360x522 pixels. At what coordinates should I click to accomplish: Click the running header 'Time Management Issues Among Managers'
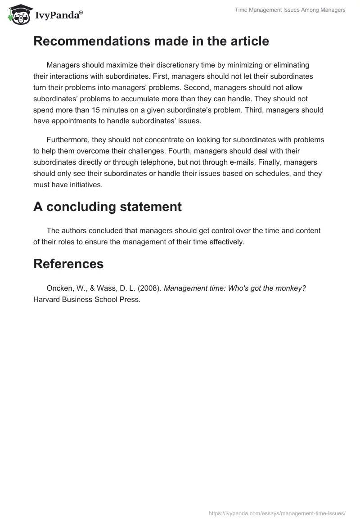click(290, 10)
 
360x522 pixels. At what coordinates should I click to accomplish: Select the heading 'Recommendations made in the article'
click(151, 41)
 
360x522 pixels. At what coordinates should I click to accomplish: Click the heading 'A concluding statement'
click(107, 207)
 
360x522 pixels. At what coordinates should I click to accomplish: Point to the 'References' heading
click(68, 264)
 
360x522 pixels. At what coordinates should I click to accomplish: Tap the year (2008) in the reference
click(150, 288)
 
